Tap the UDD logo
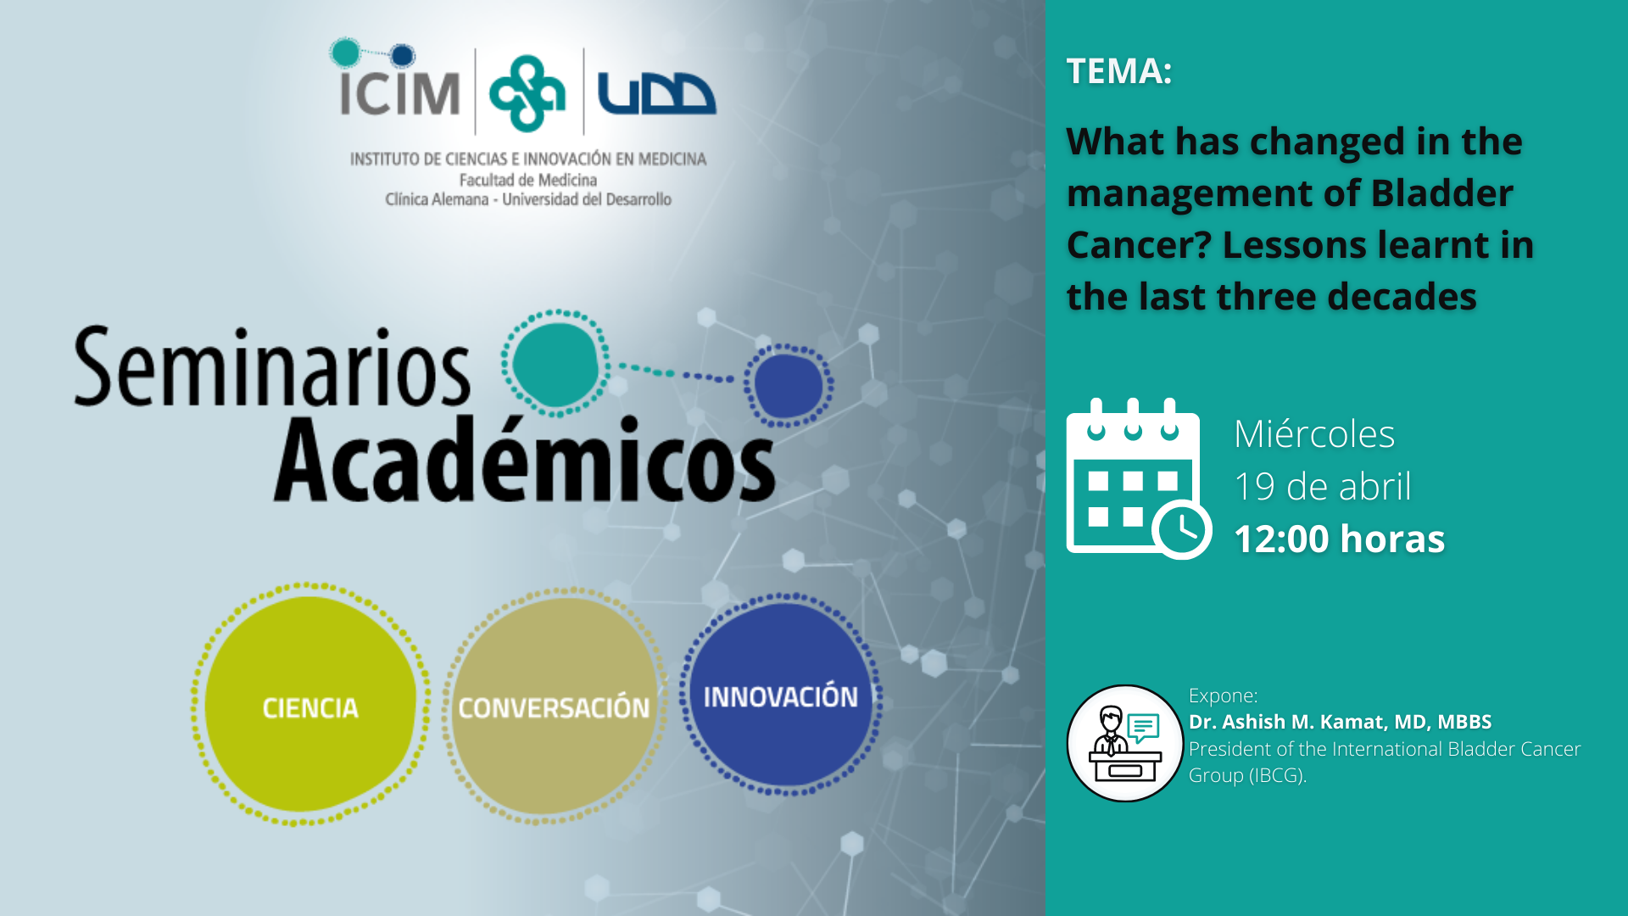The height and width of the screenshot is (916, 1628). point(656,93)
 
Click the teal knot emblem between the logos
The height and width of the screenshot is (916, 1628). point(527,93)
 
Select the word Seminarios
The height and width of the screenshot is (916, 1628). point(272,368)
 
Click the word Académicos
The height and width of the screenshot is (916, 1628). point(525,459)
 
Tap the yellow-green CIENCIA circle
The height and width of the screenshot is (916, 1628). point(310,704)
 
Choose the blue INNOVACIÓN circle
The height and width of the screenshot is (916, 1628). point(781,695)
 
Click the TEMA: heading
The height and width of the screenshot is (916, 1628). point(1119,71)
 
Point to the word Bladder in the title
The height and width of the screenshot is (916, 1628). point(1442,193)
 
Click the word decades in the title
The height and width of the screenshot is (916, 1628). point(1402,297)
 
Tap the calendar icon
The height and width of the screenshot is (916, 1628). point(1139,478)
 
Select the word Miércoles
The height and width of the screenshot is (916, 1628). point(1314,434)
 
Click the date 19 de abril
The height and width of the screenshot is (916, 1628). point(1323,487)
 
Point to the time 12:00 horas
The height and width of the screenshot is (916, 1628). point(1340,539)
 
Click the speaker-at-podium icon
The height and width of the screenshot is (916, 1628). point(1125,743)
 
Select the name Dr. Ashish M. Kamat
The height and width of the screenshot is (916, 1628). point(1288,722)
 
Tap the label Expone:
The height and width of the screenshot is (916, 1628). point(1223,695)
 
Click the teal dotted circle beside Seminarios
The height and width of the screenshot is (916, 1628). point(555,363)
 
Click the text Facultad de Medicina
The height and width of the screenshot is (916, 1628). point(528,180)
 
